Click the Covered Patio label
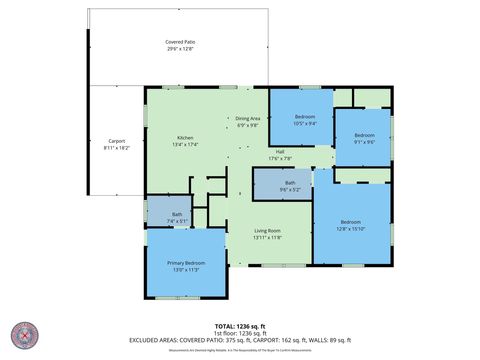tap(181, 41)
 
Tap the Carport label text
tap(117, 141)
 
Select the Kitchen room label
tap(185, 138)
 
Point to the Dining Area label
tap(248, 119)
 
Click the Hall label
tap(280, 152)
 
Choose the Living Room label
tap(267, 231)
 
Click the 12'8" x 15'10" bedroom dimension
tap(350, 226)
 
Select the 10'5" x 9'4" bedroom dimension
tap(305, 124)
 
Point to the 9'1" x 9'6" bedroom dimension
tap(364, 141)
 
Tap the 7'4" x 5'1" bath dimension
tap(176, 220)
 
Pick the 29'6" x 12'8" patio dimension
tap(181, 48)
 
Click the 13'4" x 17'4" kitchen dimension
tap(185, 145)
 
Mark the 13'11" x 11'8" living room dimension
tap(267, 238)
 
